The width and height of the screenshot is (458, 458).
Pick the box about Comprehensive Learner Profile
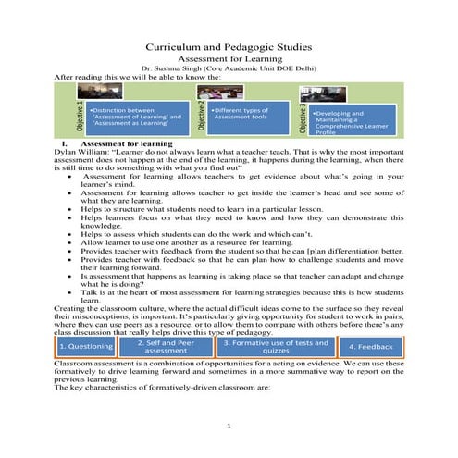353,118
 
